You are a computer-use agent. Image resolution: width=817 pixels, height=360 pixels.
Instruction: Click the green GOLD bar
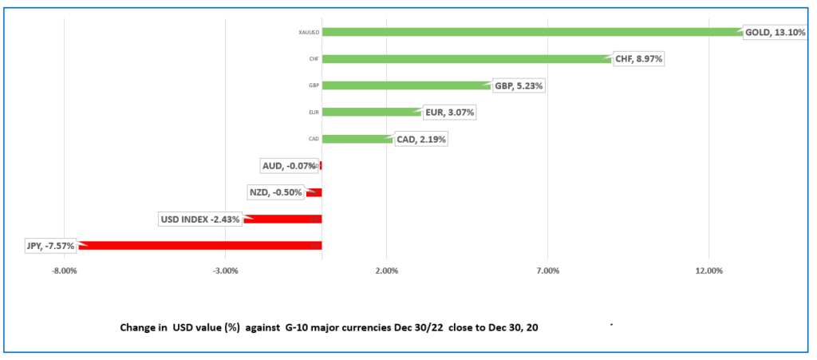pos(531,33)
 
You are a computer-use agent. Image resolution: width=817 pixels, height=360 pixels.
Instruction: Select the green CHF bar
pos(467,59)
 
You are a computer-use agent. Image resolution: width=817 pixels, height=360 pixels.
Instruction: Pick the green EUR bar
pos(371,113)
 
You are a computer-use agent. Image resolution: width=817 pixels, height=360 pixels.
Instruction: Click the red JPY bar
pos(199,246)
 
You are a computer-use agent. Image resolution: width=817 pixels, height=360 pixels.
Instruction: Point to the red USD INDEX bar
pos(283,219)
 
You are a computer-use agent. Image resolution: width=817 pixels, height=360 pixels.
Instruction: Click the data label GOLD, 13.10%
pos(774,33)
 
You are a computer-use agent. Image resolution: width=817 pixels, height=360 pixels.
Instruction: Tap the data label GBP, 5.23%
pos(519,85)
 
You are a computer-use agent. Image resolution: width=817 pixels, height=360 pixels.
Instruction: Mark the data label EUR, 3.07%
pos(449,113)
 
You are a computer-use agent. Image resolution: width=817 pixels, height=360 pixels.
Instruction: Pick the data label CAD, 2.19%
pos(420,139)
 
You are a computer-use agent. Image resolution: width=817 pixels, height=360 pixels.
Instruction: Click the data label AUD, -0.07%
pos(288,166)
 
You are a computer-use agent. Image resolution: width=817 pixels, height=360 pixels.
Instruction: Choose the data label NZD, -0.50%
pos(274,192)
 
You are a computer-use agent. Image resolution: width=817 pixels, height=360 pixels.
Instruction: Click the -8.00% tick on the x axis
pos(64,271)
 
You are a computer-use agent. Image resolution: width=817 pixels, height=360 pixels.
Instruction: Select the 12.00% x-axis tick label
pos(708,271)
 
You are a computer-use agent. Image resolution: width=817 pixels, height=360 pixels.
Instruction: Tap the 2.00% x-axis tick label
pos(386,271)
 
